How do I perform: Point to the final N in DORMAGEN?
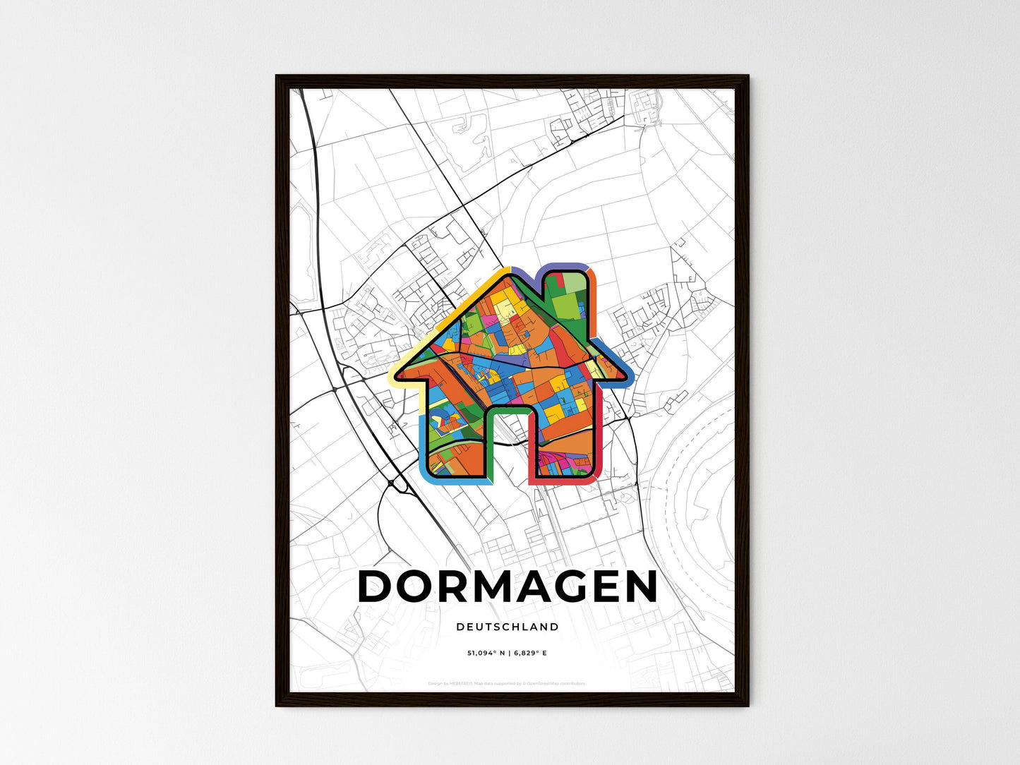[x=640, y=586]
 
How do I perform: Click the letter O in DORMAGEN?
[x=413, y=586]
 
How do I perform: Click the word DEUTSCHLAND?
[x=508, y=627]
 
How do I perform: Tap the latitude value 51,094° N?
[x=486, y=653]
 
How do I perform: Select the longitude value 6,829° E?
[x=530, y=653]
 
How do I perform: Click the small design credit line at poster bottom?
[x=508, y=683]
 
